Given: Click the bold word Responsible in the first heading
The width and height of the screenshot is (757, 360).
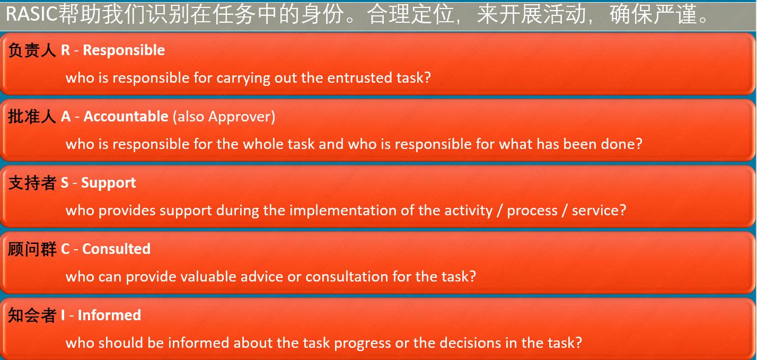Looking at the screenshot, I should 124,50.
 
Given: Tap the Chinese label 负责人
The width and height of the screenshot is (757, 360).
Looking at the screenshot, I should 32,50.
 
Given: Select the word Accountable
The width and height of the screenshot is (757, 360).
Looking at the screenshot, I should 126,116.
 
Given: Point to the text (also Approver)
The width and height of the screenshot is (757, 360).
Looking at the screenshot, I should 224,116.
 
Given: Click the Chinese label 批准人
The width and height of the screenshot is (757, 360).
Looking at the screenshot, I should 32,116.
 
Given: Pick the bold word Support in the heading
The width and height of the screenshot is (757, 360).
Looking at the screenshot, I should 108,182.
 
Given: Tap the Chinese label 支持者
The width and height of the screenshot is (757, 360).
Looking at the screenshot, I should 32,182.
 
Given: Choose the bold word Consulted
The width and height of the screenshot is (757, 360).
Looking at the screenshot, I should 116,249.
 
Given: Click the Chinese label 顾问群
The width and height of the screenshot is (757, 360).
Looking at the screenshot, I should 32,249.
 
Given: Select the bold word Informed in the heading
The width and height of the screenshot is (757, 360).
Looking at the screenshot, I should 109,315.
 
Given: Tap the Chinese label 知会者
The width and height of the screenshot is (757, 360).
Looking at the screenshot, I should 32,315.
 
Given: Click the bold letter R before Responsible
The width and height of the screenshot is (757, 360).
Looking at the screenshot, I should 65,50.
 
